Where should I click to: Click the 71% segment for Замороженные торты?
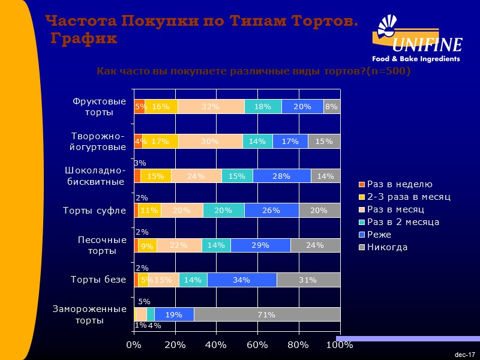[x=267, y=314]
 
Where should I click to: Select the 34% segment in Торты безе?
[x=242, y=280]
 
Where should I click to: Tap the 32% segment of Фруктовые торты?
[x=211, y=106]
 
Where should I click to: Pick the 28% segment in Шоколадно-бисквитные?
[x=281, y=176]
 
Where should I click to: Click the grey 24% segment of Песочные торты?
[x=315, y=245]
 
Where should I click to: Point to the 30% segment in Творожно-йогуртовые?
[x=210, y=141]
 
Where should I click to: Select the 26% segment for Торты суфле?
[x=271, y=211]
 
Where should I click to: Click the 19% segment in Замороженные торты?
[x=174, y=314]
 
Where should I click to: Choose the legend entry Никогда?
[x=387, y=247]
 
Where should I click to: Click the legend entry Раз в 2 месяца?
[x=403, y=222]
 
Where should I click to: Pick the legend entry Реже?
[x=380, y=235]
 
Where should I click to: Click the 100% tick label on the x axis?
[x=340, y=344]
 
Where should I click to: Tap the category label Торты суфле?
[x=95, y=211]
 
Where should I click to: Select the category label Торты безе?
[x=98, y=280]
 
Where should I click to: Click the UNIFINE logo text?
[x=427, y=45]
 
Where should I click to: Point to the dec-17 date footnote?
[x=465, y=355]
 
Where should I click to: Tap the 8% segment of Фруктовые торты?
[x=331, y=106]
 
